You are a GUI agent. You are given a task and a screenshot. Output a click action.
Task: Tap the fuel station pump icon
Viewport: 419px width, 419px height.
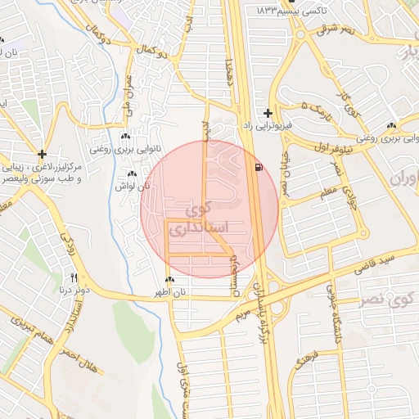259,168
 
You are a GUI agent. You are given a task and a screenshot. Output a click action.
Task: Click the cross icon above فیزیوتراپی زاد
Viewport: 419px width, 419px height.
268,112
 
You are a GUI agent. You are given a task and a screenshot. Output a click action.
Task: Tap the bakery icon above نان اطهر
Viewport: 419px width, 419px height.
169,281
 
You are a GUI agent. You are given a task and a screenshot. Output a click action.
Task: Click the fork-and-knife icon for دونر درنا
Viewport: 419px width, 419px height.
74,277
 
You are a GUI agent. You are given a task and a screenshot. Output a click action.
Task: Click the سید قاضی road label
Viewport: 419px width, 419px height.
376,262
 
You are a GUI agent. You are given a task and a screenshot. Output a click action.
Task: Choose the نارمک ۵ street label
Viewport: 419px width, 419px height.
318,110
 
